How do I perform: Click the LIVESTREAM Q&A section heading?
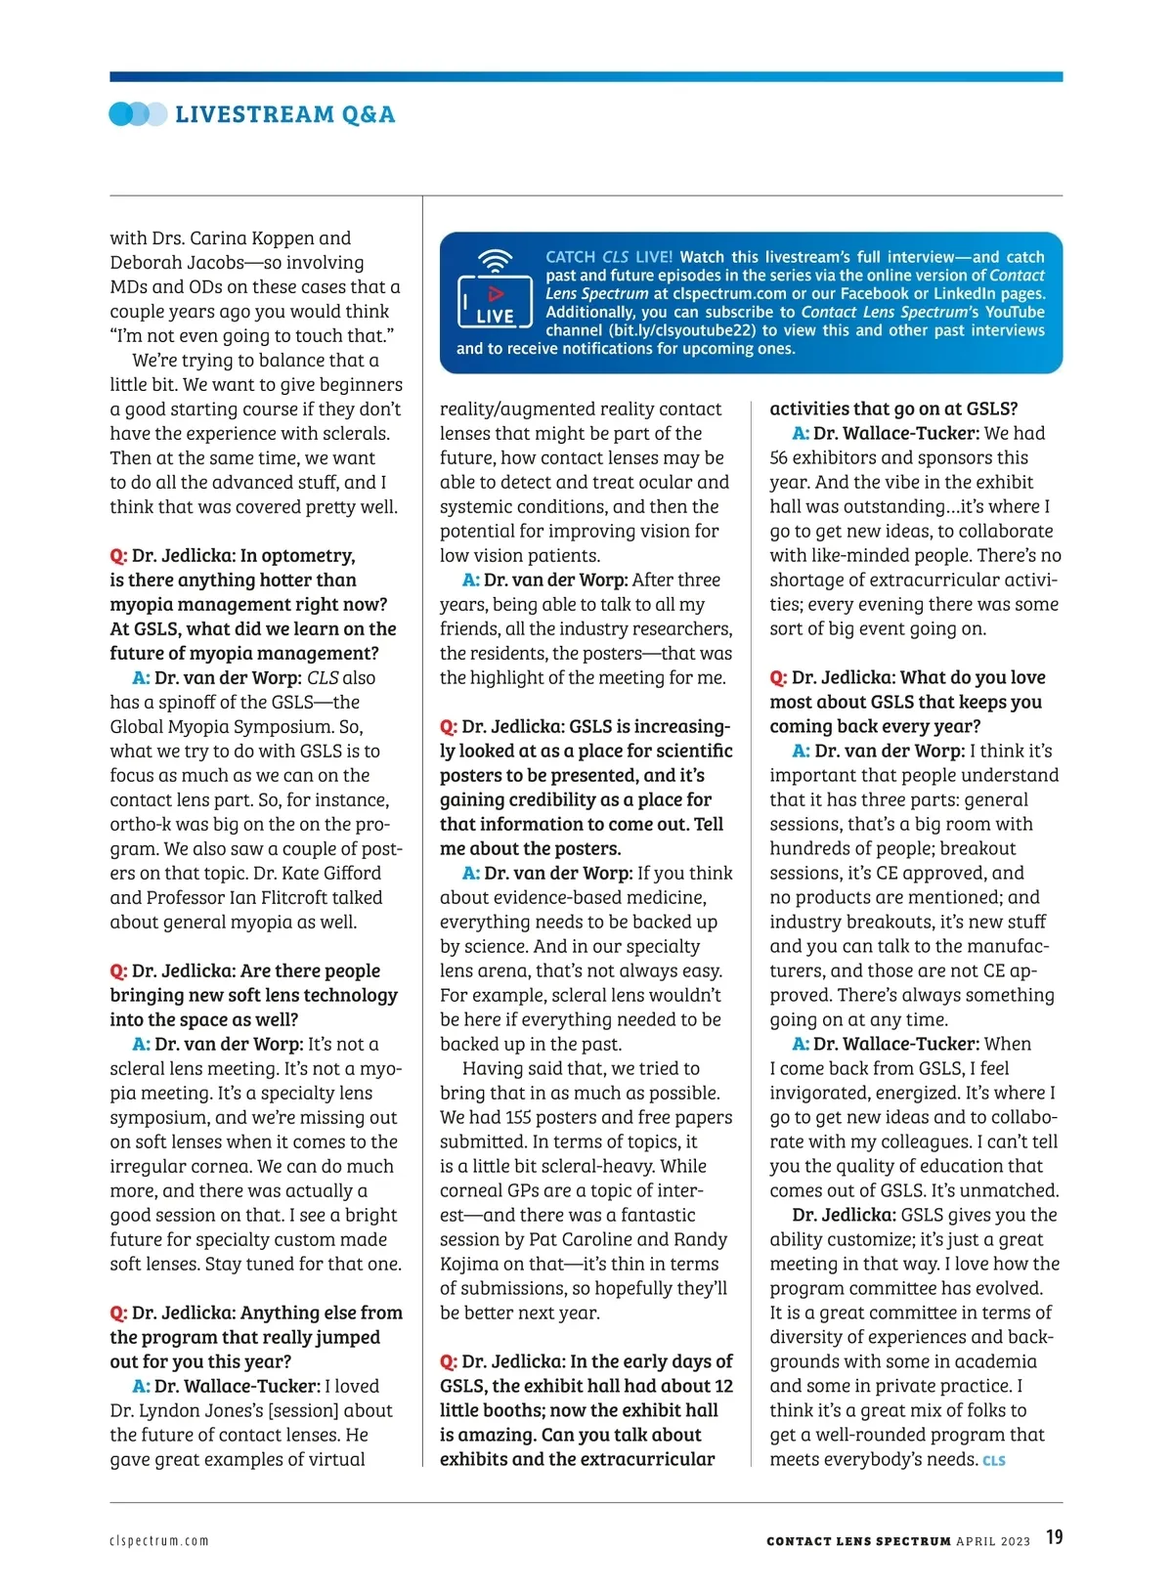284,114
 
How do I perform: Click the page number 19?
1054,1537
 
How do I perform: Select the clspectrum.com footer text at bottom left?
159,1541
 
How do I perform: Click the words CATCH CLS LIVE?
609,257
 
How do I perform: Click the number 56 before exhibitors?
779,457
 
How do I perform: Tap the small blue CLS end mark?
994,1461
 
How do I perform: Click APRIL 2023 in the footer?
993,1541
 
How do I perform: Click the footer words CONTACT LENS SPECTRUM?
858,1541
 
